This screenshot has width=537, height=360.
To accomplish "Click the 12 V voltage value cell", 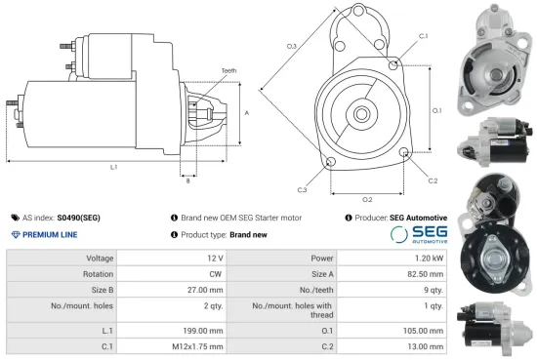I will (214, 259).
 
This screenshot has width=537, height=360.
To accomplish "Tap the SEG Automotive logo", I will (419, 234).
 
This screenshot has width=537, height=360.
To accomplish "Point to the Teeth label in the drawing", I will (228, 71).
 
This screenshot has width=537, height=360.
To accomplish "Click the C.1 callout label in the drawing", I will (423, 36).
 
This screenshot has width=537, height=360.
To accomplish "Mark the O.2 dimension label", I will (367, 199).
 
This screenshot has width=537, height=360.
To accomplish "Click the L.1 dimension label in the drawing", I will (114, 167).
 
